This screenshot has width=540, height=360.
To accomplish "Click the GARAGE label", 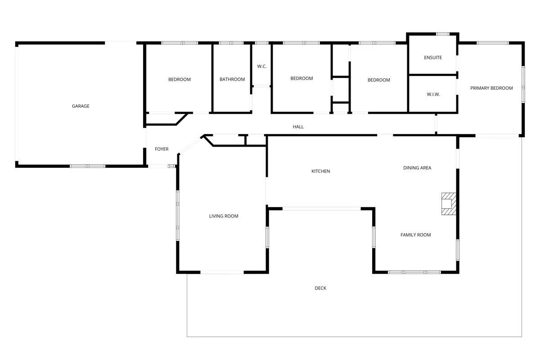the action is [81, 106].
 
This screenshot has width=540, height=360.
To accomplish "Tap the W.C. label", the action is [262, 66].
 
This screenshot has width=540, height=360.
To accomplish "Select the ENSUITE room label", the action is [433, 58].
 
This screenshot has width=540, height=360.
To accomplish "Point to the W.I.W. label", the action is [433, 94].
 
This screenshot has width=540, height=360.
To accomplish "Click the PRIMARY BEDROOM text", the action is [491, 88].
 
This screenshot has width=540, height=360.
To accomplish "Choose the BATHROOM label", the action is [232, 79].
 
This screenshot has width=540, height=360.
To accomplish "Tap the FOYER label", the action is [162, 149].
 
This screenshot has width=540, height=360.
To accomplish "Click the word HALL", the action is [298, 127].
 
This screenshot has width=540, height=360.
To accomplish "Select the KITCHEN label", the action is [320, 171].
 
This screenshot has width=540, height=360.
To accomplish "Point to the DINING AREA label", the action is [417, 168].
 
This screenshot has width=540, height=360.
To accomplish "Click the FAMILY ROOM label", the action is [416, 235].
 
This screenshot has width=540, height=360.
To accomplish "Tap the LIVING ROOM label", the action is [224, 216].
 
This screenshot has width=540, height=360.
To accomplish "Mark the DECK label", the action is [320, 288].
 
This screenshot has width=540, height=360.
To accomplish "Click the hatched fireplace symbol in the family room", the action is [449, 204].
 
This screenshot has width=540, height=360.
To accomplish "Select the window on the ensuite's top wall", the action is [443, 34].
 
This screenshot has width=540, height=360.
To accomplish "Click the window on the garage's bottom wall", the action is [87, 166].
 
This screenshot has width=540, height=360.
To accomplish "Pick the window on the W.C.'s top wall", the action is [262, 43].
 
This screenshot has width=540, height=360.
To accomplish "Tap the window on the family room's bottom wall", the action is [414, 272].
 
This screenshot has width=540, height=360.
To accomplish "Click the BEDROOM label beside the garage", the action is [180, 80].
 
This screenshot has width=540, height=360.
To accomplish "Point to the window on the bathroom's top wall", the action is [231, 43].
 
